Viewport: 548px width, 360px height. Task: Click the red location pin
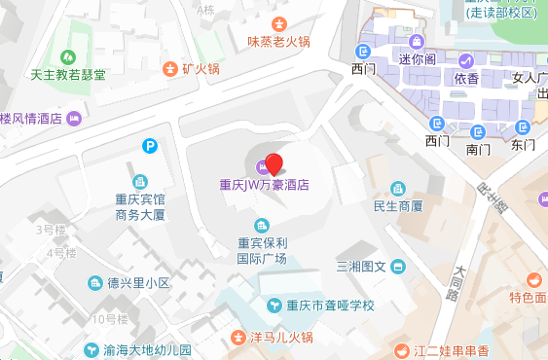point(274,164)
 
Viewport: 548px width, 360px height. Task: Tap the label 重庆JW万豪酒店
point(264,183)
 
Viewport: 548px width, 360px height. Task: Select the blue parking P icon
point(150,147)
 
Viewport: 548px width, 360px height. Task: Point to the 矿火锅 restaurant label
point(201,69)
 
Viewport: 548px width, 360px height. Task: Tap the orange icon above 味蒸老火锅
point(279,24)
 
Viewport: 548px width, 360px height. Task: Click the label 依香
point(465,79)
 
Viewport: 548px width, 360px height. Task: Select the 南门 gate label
point(479,150)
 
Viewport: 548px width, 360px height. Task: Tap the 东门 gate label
point(523,145)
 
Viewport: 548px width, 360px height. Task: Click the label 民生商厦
point(398,206)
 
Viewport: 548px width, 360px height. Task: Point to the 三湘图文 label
point(362,267)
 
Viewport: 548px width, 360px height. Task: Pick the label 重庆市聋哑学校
point(321,306)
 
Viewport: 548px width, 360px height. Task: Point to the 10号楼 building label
point(110,319)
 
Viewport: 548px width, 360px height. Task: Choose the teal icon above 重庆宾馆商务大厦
point(140,182)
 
